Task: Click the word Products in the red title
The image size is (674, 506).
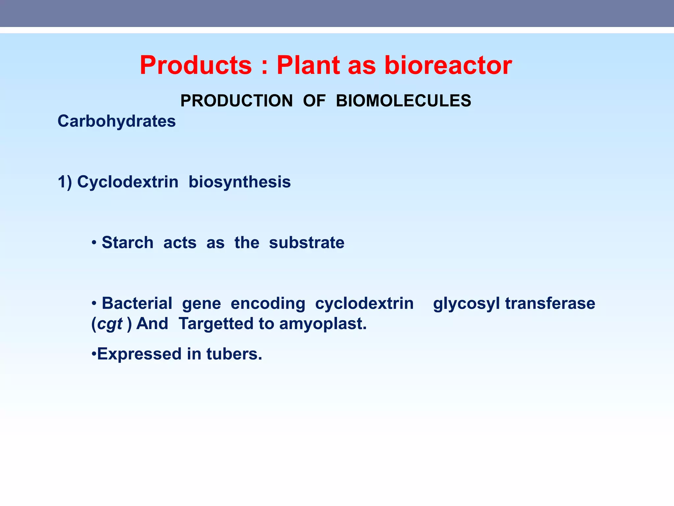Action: tap(196, 65)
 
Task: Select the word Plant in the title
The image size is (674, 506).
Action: tap(308, 65)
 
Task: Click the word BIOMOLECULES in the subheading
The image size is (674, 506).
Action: tap(403, 101)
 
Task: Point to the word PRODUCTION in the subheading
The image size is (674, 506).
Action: tap(236, 101)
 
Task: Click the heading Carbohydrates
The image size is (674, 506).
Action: tap(117, 121)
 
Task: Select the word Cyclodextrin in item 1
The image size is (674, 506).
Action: tap(128, 182)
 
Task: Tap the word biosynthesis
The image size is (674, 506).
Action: tap(240, 182)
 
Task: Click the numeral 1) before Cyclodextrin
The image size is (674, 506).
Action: tap(65, 182)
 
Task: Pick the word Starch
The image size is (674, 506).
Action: tap(128, 243)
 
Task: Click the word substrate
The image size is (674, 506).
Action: tap(307, 243)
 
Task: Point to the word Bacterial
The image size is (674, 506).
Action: tap(137, 303)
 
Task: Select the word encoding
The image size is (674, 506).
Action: tap(268, 303)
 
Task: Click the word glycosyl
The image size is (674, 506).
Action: tap(467, 303)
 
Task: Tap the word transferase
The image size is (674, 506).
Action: tap(550, 303)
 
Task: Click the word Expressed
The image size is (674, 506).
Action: tap(139, 354)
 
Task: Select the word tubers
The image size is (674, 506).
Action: tap(234, 354)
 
